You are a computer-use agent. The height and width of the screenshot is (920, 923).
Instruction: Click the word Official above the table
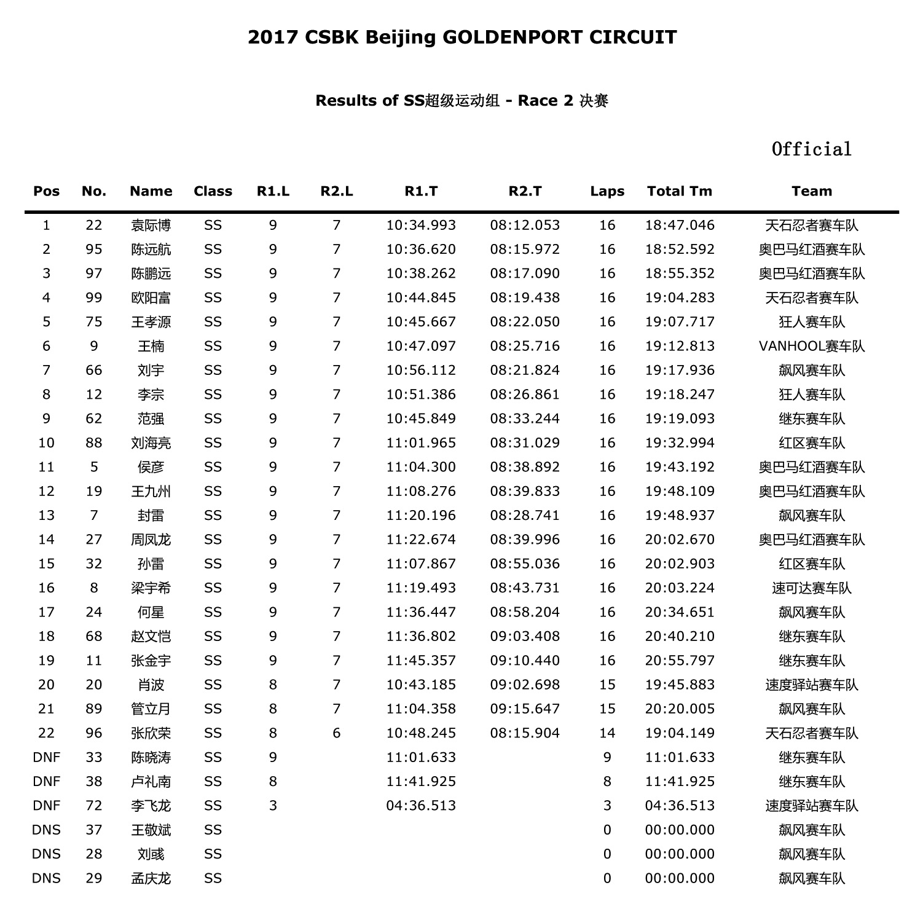pos(811,149)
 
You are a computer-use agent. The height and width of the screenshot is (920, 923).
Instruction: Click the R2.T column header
pos(525,191)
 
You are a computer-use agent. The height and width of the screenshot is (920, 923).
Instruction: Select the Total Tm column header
pos(679,191)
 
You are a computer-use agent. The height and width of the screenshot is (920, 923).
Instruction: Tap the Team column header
pos(811,191)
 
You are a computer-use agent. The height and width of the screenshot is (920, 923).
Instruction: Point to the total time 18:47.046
pos(680,226)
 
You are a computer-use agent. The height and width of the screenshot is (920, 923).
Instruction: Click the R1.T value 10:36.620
pos(421,250)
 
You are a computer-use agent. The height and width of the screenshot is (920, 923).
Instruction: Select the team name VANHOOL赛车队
pos(811,346)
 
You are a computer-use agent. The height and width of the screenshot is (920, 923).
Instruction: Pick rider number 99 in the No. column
pos(93,298)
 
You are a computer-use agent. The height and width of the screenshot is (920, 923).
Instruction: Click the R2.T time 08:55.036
pos(525,564)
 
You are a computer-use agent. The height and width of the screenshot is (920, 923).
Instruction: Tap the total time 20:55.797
pos(680,661)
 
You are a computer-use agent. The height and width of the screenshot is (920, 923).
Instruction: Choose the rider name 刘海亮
pos(151,443)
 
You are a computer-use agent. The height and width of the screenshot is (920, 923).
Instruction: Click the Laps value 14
pos(607,733)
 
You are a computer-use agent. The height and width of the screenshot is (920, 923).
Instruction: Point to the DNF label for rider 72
pos(46,806)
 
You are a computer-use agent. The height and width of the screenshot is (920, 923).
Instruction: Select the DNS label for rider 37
pos(46,830)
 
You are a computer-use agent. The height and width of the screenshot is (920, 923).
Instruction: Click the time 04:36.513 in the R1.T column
pos(421,806)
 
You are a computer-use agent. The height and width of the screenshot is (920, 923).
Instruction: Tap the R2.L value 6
pos(336,733)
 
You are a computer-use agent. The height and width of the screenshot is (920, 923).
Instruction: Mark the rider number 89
pos(93,709)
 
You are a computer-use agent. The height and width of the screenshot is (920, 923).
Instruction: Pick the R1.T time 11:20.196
pos(421,516)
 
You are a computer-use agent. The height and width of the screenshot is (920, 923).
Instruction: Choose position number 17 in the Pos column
pos(46,612)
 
